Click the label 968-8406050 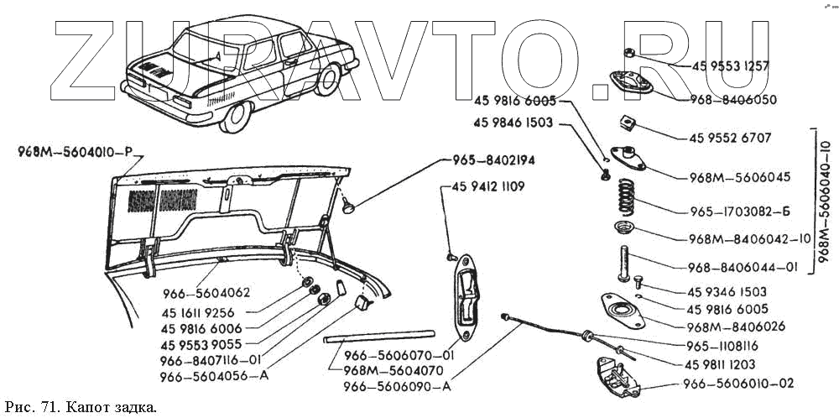tap(732, 99)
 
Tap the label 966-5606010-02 tap(738, 384)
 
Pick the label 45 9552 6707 tap(729, 138)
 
